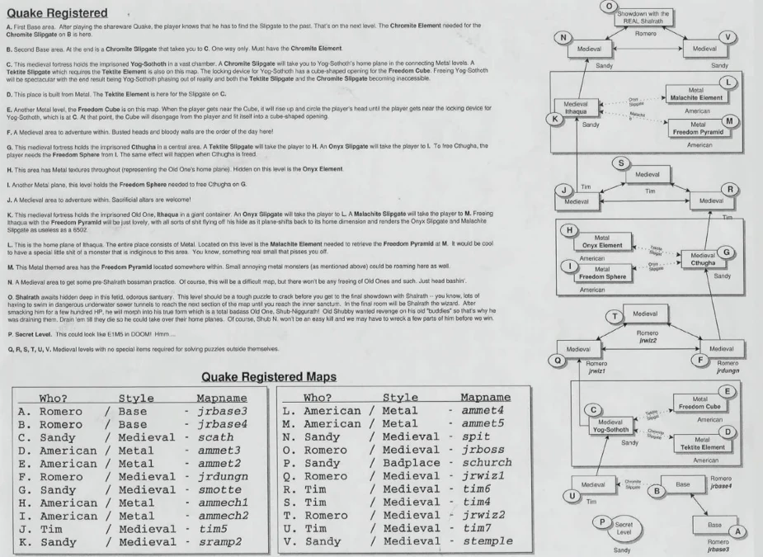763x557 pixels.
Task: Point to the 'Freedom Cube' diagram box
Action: pyautogui.click(x=703, y=403)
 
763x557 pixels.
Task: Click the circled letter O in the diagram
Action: pyautogui.click(x=609, y=5)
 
